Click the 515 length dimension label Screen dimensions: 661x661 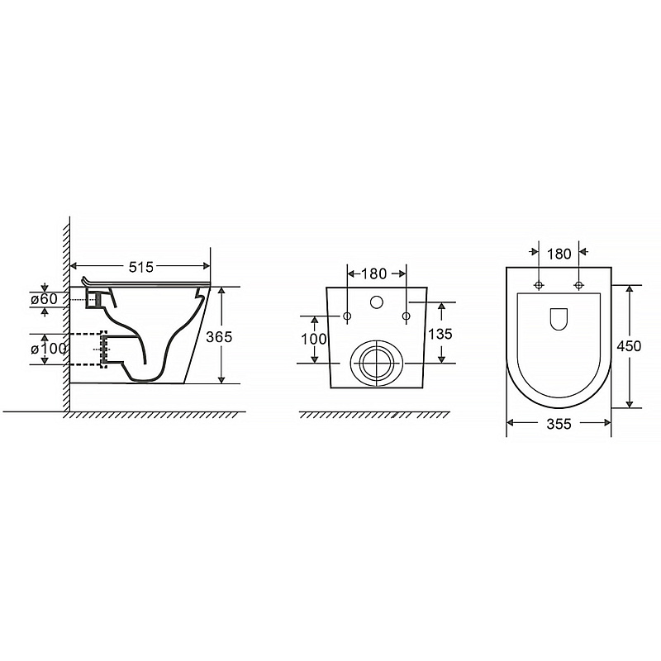point(141,267)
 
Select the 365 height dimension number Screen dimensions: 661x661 point(219,337)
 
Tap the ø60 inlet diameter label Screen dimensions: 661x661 point(44,299)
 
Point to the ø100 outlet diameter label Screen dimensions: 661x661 point(48,349)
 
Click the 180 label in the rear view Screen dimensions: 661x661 point(373,274)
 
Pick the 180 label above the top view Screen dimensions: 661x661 point(559,254)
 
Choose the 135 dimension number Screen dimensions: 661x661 point(440,334)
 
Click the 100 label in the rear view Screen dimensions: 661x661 point(314,339)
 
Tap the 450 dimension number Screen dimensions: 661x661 point(629,346)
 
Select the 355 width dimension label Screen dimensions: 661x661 point(559,424)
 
